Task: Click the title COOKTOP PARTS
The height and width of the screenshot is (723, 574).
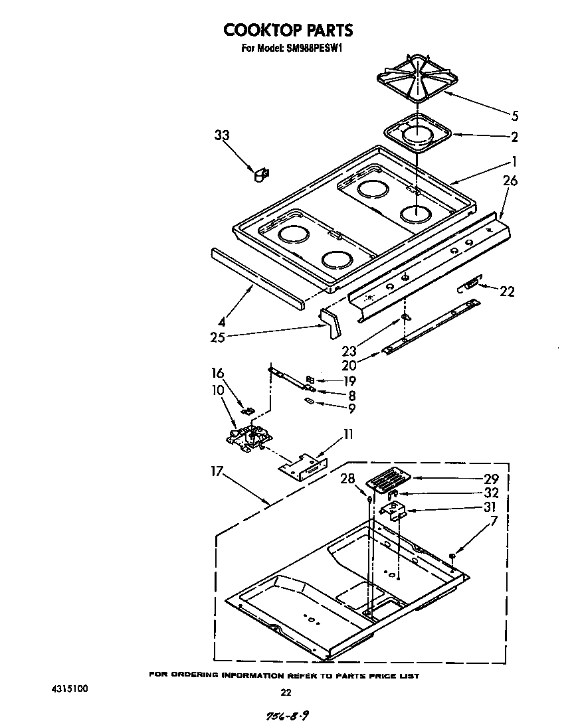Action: pos(288,30)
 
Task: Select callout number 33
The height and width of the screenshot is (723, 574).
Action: pos(222,135)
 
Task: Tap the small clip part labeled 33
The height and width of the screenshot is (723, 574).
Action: pos(260,175)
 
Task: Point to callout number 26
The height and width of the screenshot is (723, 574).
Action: pos(510,181)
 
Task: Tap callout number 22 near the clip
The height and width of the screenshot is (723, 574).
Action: pos(506,291)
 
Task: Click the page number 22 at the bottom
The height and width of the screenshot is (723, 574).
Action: pos(286,692)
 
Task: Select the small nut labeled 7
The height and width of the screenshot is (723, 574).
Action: pos(452,555)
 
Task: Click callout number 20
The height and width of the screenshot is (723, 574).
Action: pos(349,364)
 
